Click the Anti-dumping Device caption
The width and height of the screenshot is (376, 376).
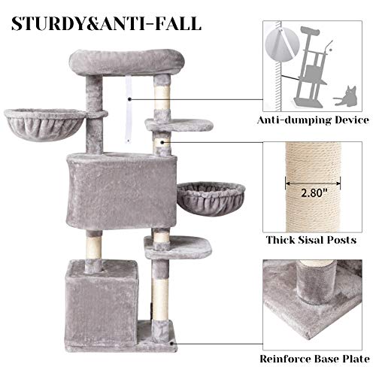click(314, 120)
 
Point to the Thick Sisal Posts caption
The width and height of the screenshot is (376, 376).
click(313, 241)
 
